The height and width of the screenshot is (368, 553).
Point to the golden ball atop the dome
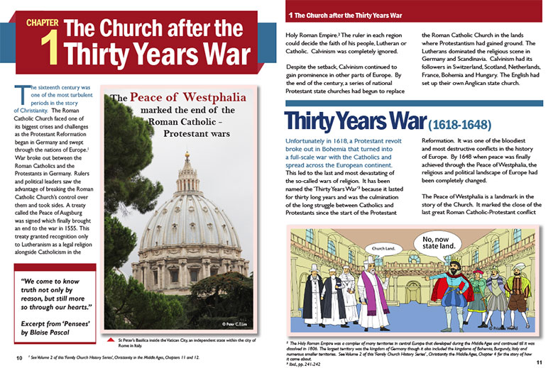point(187,155)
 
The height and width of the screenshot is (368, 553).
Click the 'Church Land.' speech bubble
point(384,249)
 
